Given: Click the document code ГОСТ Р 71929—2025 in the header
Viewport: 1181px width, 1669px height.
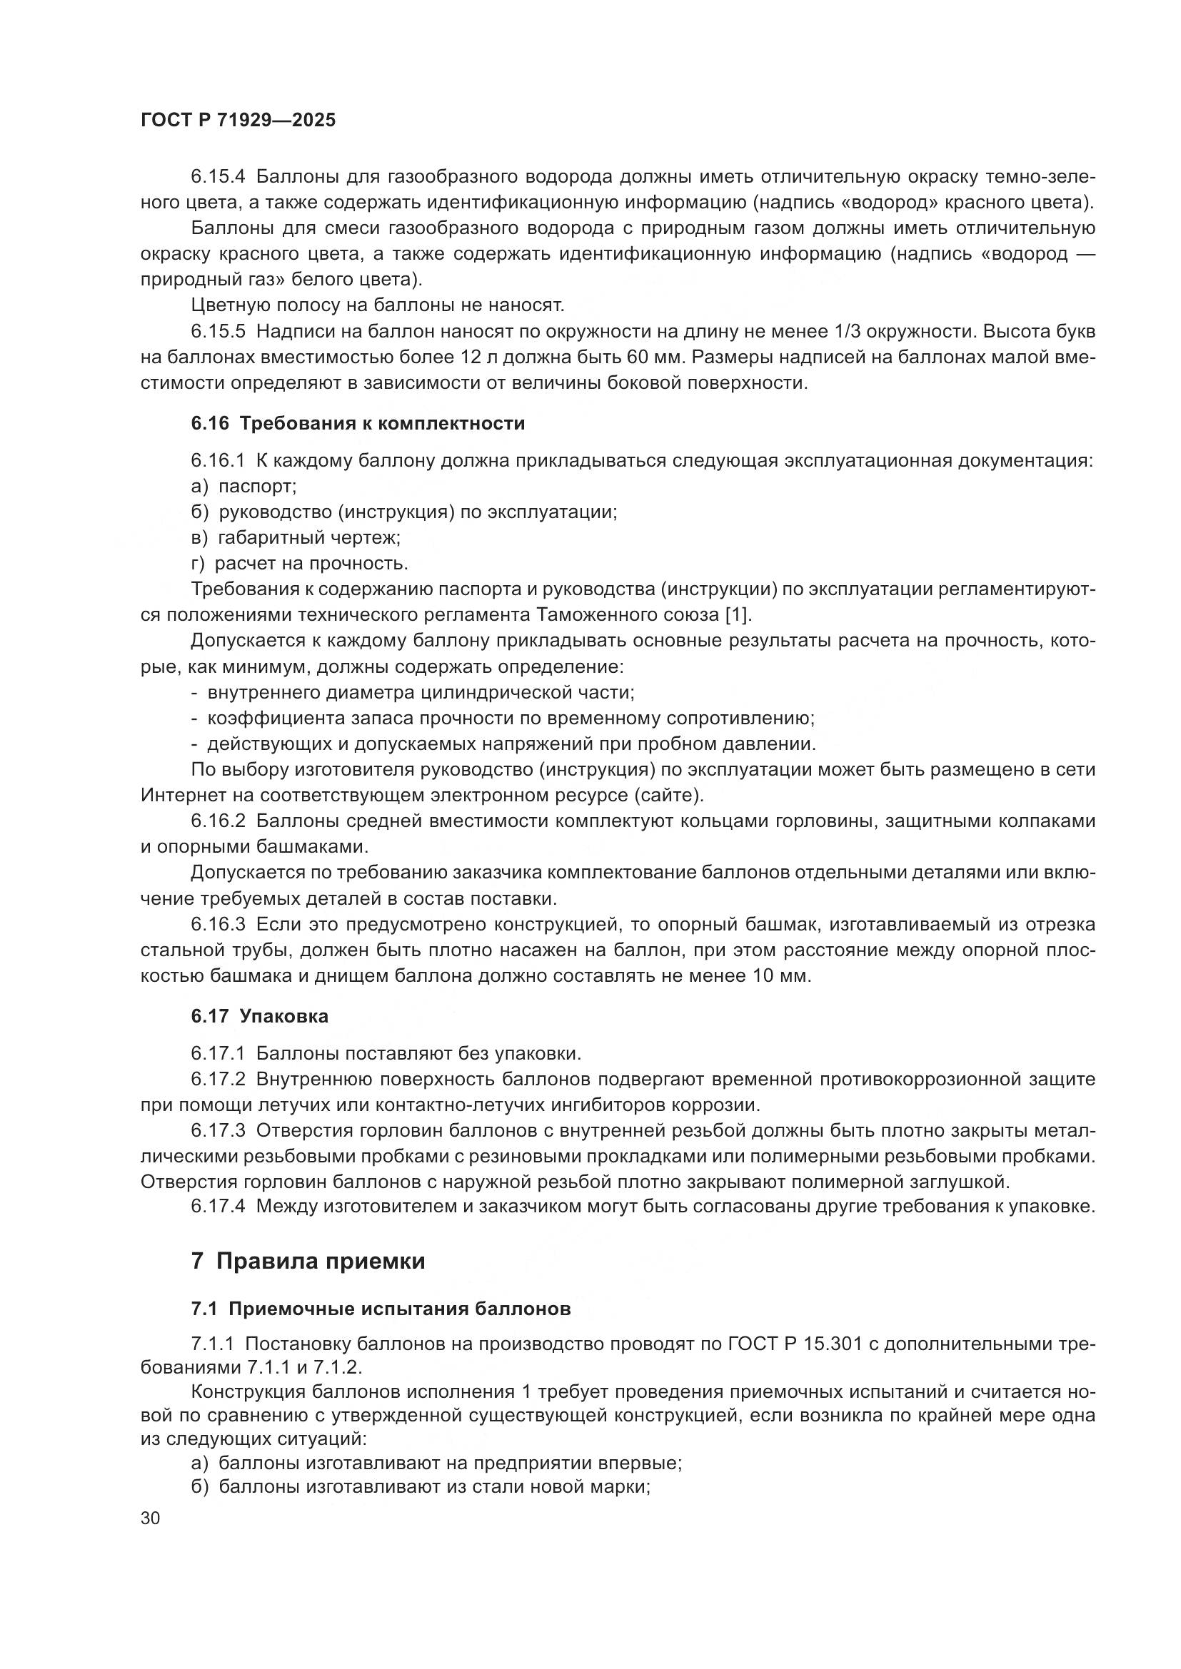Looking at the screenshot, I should (238, 121).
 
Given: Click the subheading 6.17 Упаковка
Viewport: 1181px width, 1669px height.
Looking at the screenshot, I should (260, 1016).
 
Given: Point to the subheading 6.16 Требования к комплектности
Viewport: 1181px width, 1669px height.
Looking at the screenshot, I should (358, 423).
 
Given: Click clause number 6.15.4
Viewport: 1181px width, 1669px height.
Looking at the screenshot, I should (218, 177).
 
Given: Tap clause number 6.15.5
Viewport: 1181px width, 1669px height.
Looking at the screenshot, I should (218, 332).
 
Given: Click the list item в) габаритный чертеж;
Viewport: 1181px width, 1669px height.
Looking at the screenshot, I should (296, 538).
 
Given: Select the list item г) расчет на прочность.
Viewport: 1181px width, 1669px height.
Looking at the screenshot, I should (299, 564).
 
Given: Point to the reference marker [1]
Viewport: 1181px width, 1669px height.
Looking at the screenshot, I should (737, 615).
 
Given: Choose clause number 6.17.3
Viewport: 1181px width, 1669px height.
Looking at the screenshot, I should (218, 1131).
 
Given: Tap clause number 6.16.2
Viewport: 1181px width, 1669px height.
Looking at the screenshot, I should (218, 821).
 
